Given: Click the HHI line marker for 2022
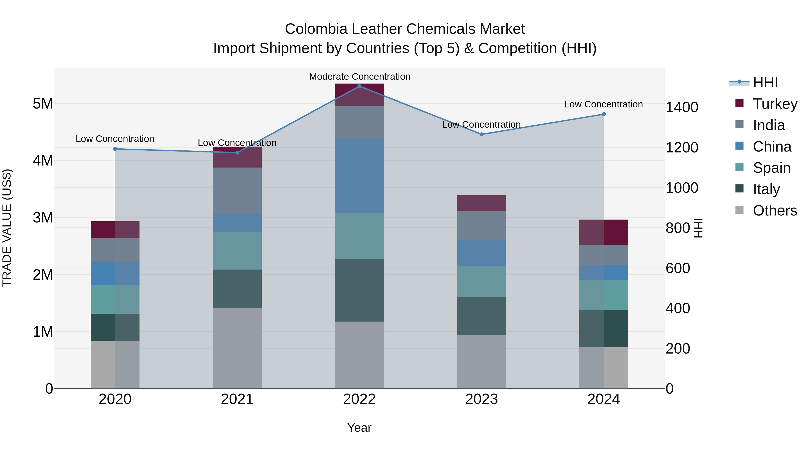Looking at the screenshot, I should pos(359,86).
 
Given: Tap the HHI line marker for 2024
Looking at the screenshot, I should pos(603,114).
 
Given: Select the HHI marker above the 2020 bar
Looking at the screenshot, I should pos(115,149).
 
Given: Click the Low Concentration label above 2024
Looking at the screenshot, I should pos(603,104).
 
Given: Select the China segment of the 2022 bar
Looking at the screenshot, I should pos(359,176).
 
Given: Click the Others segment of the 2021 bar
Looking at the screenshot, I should pos(237,348).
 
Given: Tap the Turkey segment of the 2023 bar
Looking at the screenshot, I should pos(481,203).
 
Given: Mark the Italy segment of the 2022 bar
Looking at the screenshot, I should pos(359,290).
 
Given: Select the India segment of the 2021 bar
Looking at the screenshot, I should pos(237,190).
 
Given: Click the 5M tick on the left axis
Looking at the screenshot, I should pos(43,104).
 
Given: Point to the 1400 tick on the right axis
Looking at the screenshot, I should pos(682,107).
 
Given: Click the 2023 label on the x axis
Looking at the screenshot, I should pos(481,399).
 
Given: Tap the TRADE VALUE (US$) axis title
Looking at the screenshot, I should pos(7,228).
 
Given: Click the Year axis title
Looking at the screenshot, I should pos(359,428).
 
